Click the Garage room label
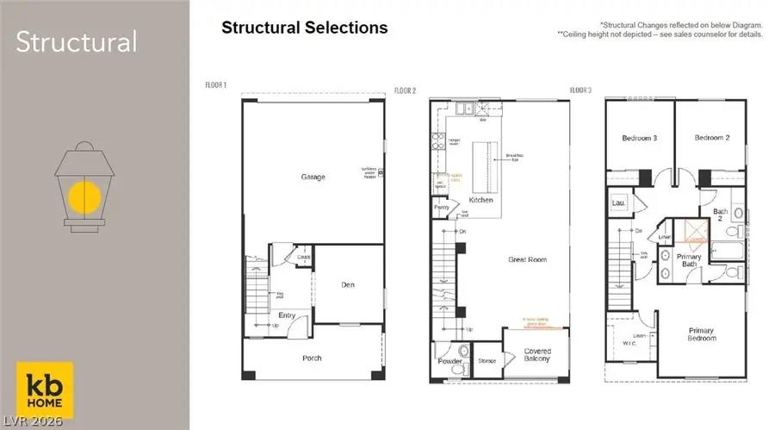pos(313,178)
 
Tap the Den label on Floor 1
pos(348,285)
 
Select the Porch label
pos(312,358)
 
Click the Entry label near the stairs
pos(287,315)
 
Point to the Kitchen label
pos(480,200)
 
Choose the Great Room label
pos(528,259)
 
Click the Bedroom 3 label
pos(639,138)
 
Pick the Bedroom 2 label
pos(712,138)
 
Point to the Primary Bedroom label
pos(701,333)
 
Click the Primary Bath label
pos(688,260)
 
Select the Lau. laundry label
pos(617,203)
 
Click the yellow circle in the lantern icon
pos(85,197)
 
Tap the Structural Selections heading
pos(305,28)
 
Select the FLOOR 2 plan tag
pos(405,90)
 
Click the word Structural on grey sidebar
pos(76,41)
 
